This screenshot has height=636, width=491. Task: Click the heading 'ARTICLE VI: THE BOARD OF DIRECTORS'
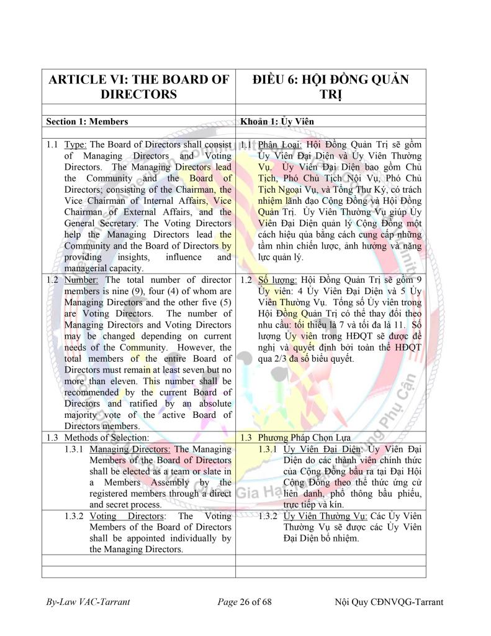(x=138, y=87)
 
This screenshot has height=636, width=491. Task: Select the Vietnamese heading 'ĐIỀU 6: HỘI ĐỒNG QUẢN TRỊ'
(x=330, y=87)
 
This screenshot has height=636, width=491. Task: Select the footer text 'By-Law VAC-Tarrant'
(x=88, y=602)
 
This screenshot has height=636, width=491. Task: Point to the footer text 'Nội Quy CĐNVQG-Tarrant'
(x=389, y=602)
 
